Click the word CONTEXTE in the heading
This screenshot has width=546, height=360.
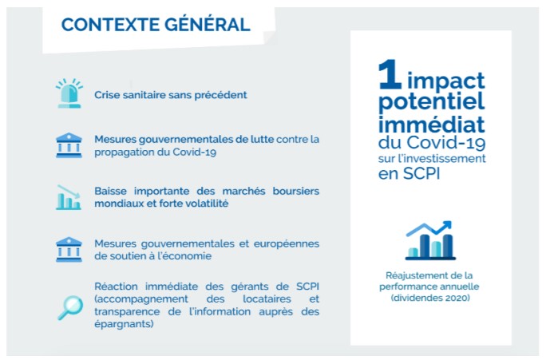click(x=109, y=25)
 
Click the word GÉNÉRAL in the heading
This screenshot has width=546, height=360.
click(x=208, y=24)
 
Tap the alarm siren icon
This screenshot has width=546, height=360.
click(x=69, y=93)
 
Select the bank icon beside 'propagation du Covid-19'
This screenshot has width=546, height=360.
click(x=69, y=145)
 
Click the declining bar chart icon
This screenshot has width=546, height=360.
click(x=69, y=197)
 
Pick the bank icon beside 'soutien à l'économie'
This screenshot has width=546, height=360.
click(x=69, y=249)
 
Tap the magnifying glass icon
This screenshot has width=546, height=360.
click(x=70, y=307)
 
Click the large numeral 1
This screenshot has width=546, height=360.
click(x=390, y=73)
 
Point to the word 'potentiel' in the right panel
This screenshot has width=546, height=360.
click(x=431, y=102)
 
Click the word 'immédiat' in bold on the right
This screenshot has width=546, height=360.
click(x=431, y=125)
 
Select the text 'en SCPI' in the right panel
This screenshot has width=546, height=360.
click(x=409, y=173)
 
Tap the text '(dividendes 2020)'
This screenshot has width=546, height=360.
click(x=430, y=298)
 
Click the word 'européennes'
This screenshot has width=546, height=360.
click(x=287, y=244)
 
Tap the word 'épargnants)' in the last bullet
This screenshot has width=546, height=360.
click(x=124, y=325)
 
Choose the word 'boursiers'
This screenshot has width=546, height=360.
click(x=296, y=191)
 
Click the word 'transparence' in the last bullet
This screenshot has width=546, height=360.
click(x=127, y=312)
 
